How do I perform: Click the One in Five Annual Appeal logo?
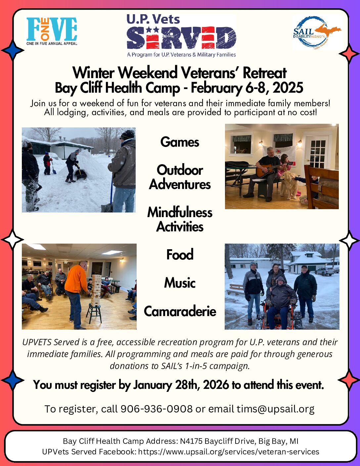pyautogui.click(x=52, y=31)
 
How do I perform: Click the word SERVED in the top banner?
pyautogui.click(x=181, y=38)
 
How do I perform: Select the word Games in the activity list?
pyautogui.click(x=180, y=142)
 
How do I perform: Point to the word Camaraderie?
pyautogui.click(x=180, y=311)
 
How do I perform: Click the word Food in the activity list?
pyautogui.click(x=180, y=254)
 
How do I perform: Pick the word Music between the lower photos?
pyautogui.click(x=180, y=283)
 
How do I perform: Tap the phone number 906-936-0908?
pyautogui.click(x=157, y=409)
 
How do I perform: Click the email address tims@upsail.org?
pyautogui.click(x=276, y=409)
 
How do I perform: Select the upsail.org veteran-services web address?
pyautogui.click(x=229, y=452)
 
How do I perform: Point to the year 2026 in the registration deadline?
pyautogui.click(x=216, y=385)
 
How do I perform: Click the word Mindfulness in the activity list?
pyautogui.click(x=180, y=212)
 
